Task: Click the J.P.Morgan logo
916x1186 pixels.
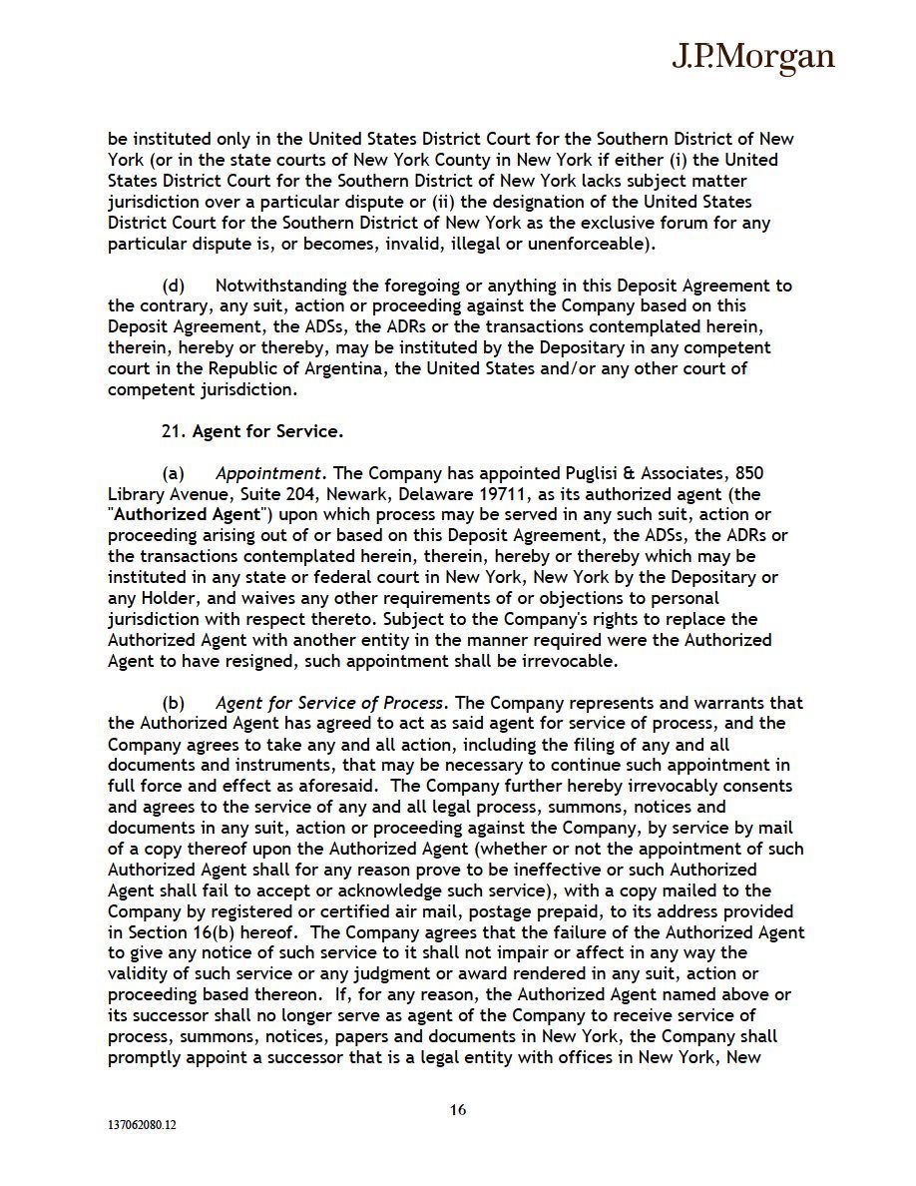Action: tap(751, 58)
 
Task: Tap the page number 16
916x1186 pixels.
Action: tap(458, 1109)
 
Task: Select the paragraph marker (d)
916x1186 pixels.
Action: tap(174, 286)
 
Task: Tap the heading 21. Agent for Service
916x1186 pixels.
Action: tap(251, 431)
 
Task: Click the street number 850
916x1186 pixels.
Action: tap(750, 473)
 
